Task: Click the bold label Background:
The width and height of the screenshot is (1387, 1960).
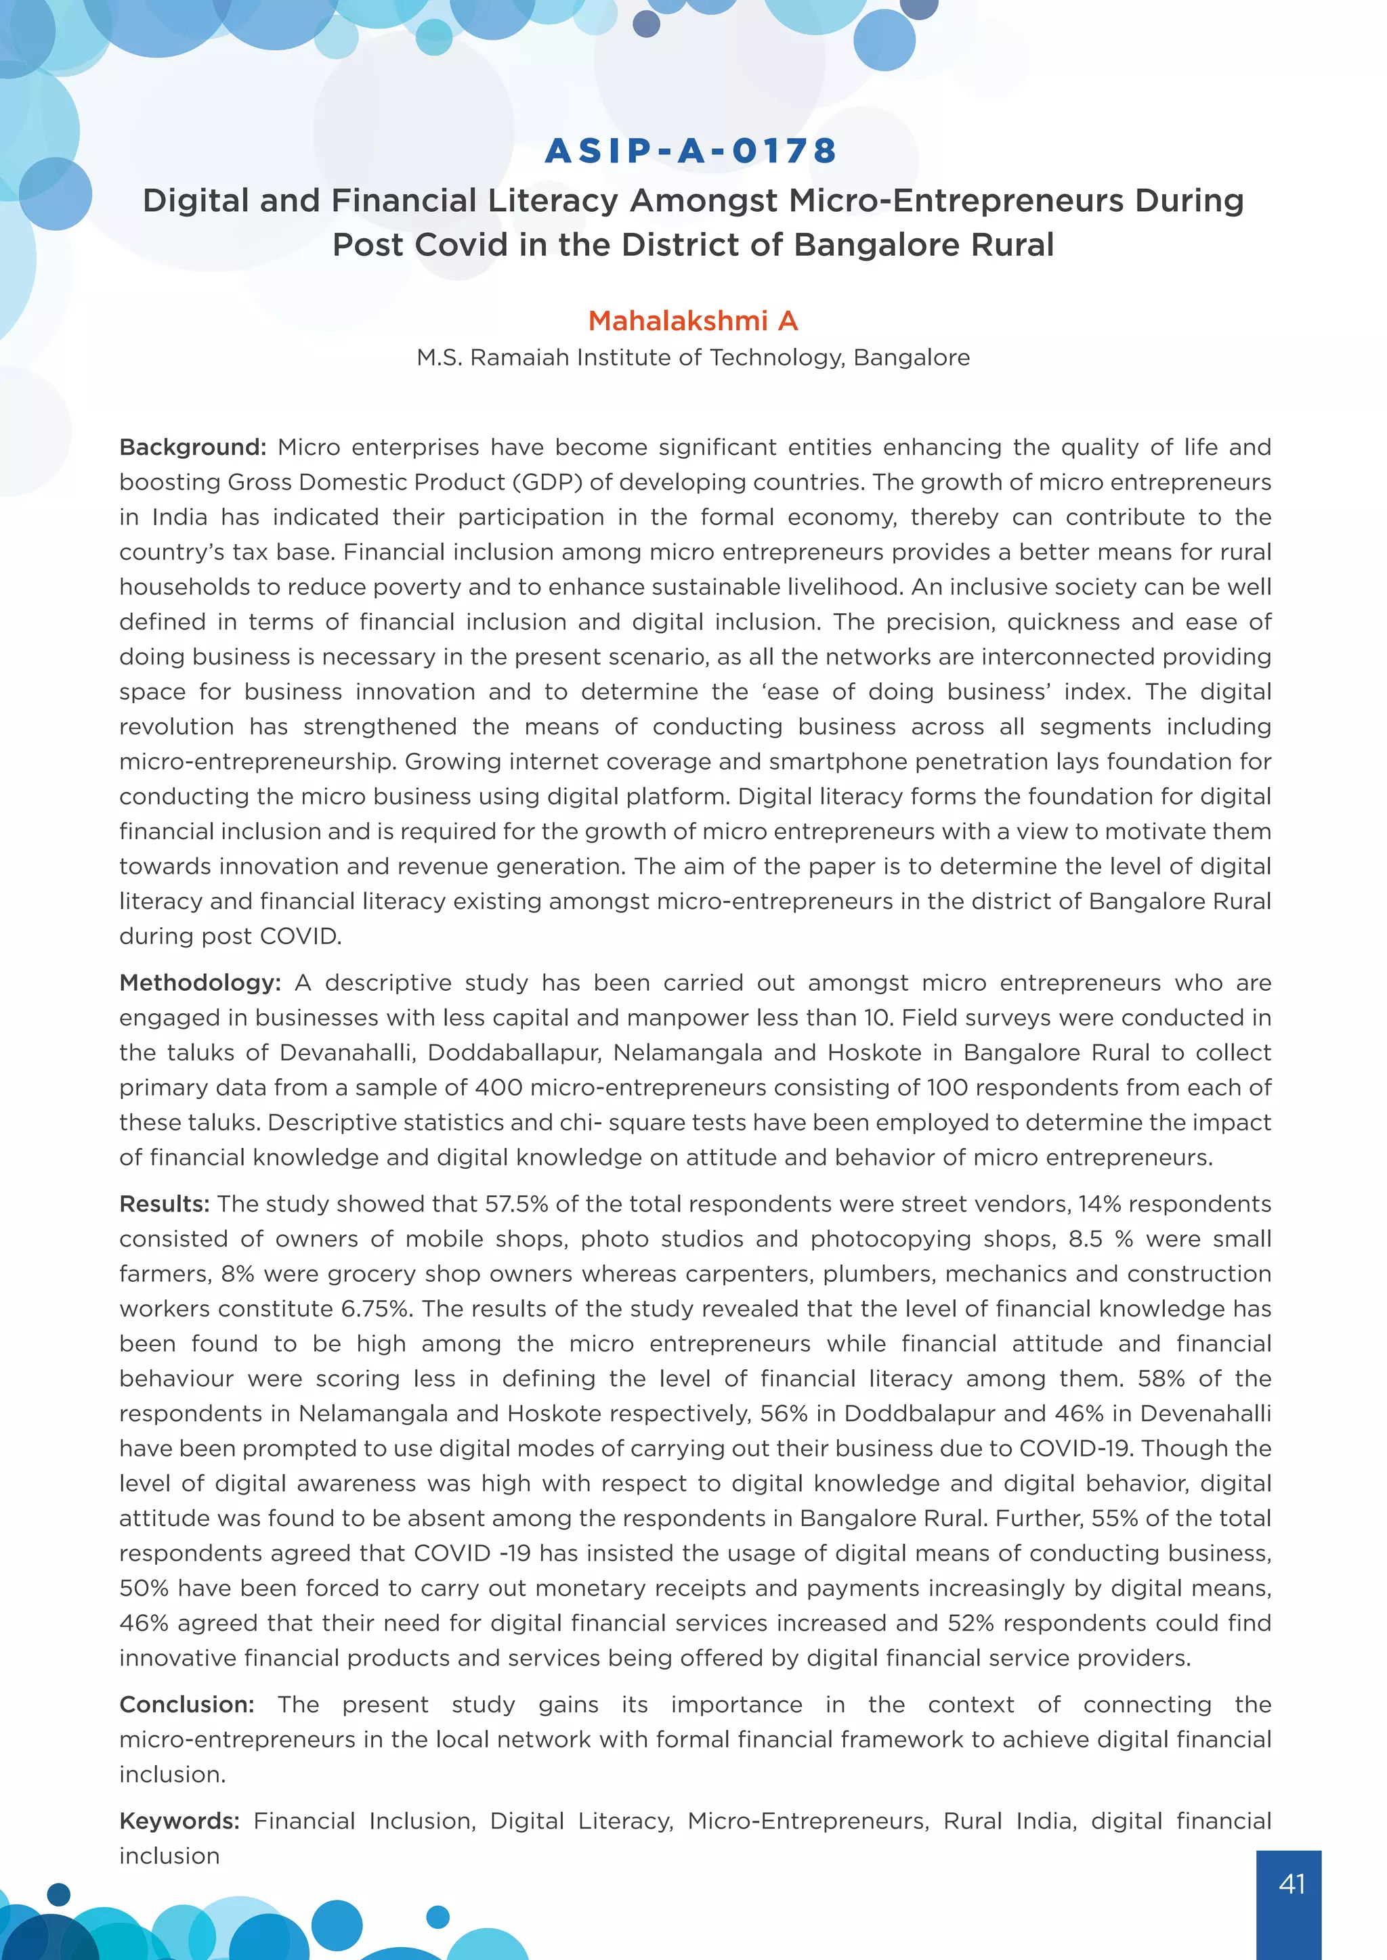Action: (x=193, y=447)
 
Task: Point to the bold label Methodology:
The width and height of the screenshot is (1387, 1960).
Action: (x=200, y=983)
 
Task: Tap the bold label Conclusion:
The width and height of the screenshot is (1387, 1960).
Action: (x=186, y=1704)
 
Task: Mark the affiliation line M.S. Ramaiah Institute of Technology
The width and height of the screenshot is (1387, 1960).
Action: (x=693, y=357)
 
